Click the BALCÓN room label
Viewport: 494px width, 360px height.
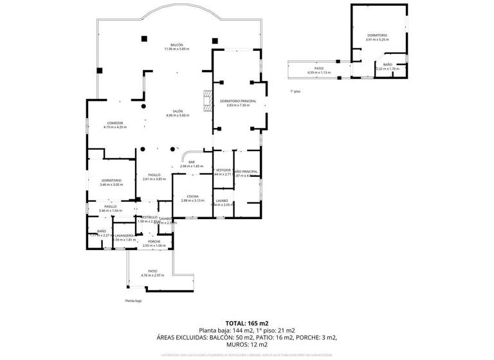pyautogui.click(x=177, y=45)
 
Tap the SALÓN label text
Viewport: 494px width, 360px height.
pyautogui.click(x=177, y=111)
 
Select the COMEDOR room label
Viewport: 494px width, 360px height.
pyautogui.click(x=115, y=123)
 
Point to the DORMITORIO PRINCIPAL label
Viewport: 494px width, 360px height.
pyautogui.click(x=237, y=101)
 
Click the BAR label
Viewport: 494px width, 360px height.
pyautogui.click(x=191, y=162)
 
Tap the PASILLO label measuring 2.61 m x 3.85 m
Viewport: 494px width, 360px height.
pyautogui.click(x=154, y=175)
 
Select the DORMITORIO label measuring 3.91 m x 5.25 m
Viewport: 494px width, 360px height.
pyautogui.click(x=378, y=35)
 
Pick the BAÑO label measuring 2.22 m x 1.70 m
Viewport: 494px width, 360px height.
pyautogui.click(x=388, y=64)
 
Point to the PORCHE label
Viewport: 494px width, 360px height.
pyautogui.click(x=154, y=241)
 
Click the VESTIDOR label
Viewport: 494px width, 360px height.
pyautogui.click(x=223, y=170)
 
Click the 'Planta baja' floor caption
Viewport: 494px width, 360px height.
pyautogui.click(x=133, y=300)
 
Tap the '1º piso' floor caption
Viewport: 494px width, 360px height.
pyautogui.click(x=295, y=91)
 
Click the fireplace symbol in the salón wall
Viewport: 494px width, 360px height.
pyautogui.click(x=206, y=102)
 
